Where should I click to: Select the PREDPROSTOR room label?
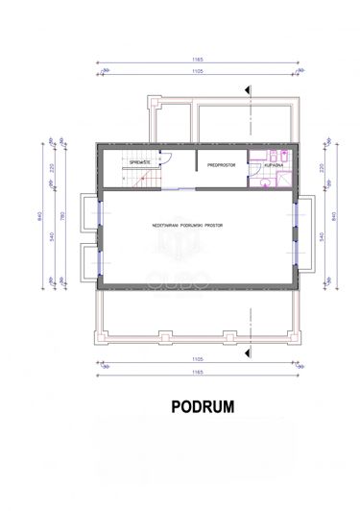[x=222, y=166]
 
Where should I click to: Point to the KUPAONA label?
[x=270, y=166]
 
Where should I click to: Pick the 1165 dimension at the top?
[x=199, y=62]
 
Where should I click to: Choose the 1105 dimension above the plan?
[x=199, y=73]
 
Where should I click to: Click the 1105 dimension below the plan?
[x=199, y=363]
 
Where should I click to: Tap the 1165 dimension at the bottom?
[x=199, y=374]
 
